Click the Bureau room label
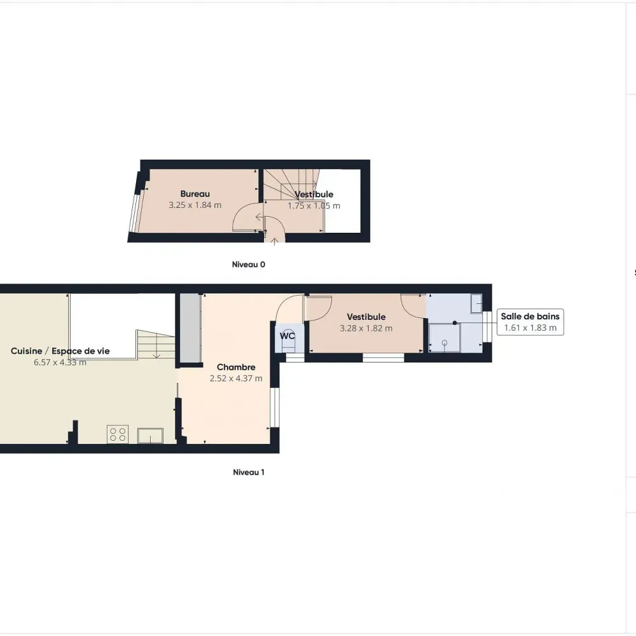click(195, 194)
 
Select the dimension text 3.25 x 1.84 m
click(195, 205)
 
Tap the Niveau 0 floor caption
click(249, 265)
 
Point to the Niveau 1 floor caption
click(249, 472)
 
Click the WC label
click(287, 336)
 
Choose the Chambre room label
click(236, 367)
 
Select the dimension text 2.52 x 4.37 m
click(236, 378)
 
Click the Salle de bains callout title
click(530, 316)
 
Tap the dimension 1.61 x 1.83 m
click(530, 328)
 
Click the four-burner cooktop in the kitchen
click(118, 434)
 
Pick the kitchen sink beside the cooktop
click(150, 436)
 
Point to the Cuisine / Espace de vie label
click(60, 351)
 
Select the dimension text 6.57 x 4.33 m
click(60, 363)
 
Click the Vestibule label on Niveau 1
click(366, 317)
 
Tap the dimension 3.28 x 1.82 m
click(366, 328)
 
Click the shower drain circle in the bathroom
click(445, 343)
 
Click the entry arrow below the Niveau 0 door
click(275, 242)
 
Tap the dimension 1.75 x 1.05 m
click(314, 205)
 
